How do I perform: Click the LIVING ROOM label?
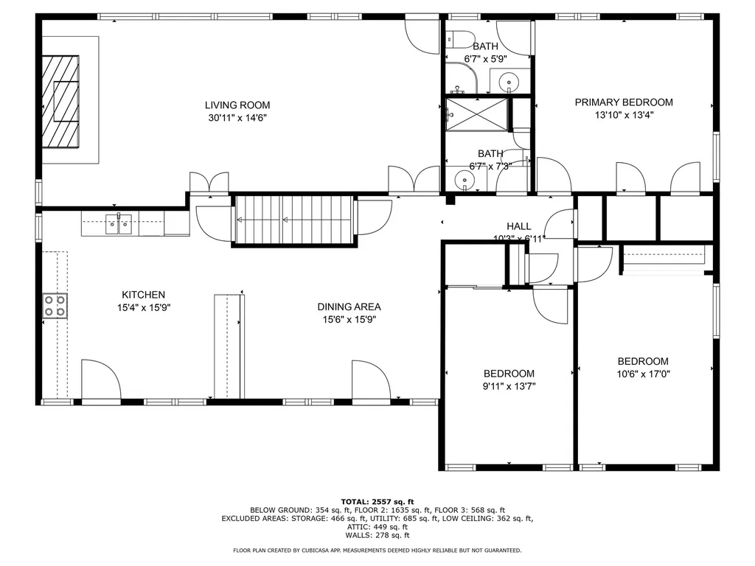[x=237, y=105]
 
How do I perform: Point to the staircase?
[x=293, y=220]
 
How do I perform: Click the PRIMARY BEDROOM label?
[x=624, y=102]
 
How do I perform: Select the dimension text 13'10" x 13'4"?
[x=624, y=115]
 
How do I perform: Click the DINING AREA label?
[x=349, y=307]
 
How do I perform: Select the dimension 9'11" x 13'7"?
[x=509, y=386]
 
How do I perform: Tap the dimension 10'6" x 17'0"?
[x=643, y=374]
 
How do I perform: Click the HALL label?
[x=519, y=226]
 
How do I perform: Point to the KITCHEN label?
[x=144, y=295]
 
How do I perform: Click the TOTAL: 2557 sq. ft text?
[x=377, y=501]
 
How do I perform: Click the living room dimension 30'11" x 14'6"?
[x=237, y=118]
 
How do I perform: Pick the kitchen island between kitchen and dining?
[x=229, y=346]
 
